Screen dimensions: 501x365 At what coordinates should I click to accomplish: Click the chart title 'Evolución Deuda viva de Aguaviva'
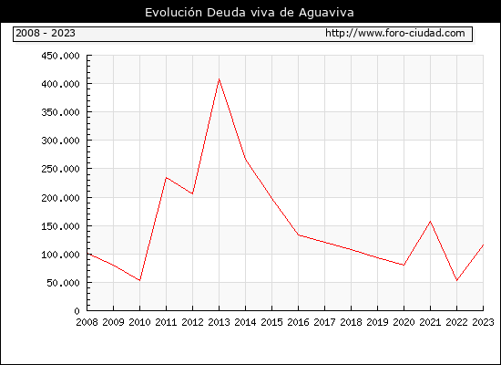250,13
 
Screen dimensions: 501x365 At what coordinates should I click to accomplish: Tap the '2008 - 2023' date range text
46,33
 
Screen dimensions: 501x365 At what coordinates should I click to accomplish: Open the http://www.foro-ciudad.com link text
395,33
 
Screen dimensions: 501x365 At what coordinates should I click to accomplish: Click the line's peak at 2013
219,78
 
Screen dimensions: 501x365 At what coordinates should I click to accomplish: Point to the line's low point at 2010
139,280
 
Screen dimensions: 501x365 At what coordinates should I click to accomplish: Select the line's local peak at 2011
166,177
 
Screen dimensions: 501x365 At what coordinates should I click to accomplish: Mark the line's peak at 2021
430,221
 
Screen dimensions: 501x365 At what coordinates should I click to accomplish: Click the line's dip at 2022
457,280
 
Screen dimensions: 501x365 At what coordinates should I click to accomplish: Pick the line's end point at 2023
483,245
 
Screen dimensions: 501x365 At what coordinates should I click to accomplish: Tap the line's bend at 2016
298,235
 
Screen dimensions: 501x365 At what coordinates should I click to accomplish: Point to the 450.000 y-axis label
60,56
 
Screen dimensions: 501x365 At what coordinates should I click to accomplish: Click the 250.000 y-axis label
60,169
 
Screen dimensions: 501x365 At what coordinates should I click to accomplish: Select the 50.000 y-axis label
63,283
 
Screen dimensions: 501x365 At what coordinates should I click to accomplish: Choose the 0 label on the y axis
77,311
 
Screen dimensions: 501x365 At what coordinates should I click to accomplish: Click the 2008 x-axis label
87,322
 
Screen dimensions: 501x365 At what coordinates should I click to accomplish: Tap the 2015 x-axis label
272,322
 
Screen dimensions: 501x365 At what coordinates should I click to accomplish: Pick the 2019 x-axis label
377,322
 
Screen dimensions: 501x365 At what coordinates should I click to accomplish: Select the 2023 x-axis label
483,322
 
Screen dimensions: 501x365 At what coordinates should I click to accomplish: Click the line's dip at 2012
192,193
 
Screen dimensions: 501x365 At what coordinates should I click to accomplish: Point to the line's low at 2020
404,265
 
